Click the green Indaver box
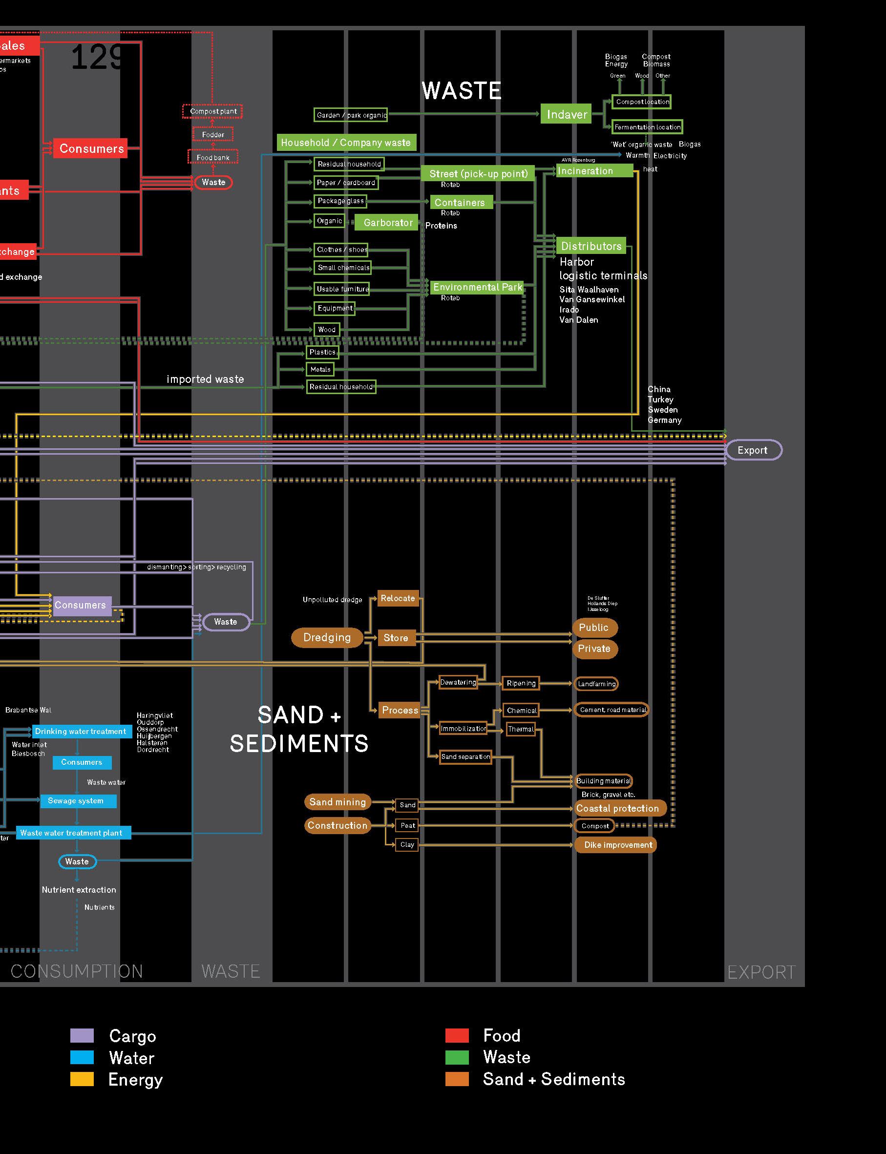pyautogui.click(x=567, y=114)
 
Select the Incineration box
pyautogui.click(x=594, y=171)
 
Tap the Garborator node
pyautogui.click(x=388, y=223)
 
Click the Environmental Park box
pyautogui.click(x=477, y=287)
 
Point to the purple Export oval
pyautogui.click(x=753, y=450)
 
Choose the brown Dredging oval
pyautogui.click(x=327, y=637)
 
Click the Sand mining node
pyautogui.click(x=338, y=802)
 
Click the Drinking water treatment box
pyautogui.click(x=81, y=731)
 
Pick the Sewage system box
pyautogui.click(x=77, y=801)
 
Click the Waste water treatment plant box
pyautogui.click(x=72, y=833)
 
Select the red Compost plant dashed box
pyautogui.click(x=213, y=111)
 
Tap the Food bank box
pyautogui.click(x=213, y=158)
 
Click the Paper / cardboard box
pyautogui.click(x=346, y=183)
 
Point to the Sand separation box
pyautogui.click(x=465, y=757)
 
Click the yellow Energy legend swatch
pyautogui.click(x=82, y=1079)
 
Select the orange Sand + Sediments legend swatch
pyautogui.click(x=457, y=1079)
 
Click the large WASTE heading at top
pyautogui.click(x=462, y=91)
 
